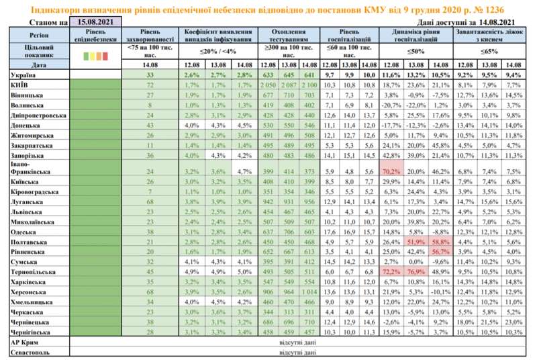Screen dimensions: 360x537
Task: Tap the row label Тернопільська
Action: pyautogui.click(x=32, y=273)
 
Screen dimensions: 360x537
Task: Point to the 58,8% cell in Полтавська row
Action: pyautogui.click(x=440, y=242)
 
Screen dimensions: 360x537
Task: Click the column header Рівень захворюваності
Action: pyautogui.click(x=151, y=36)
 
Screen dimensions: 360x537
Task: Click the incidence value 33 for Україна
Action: pyautogui.click(x=151, y=75)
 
